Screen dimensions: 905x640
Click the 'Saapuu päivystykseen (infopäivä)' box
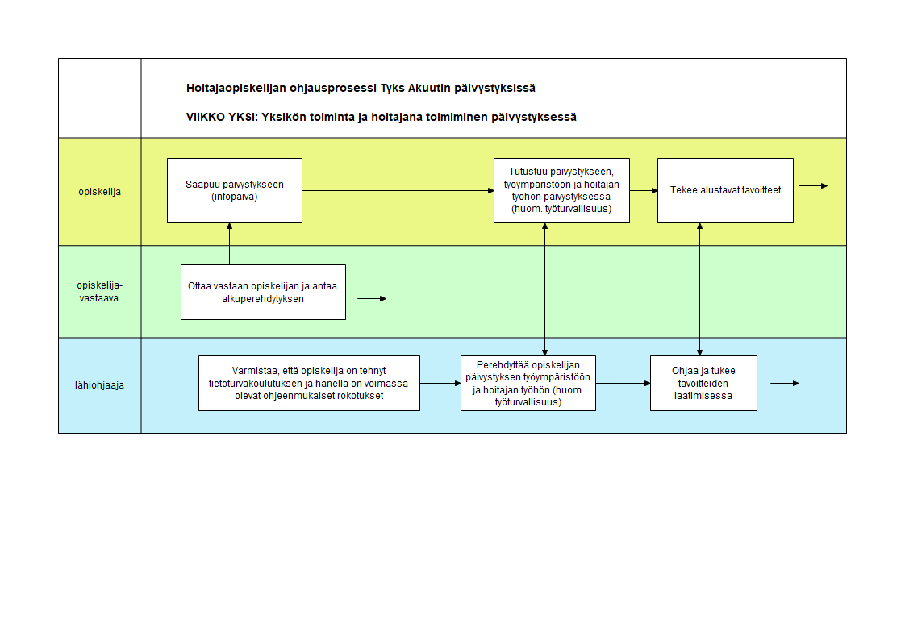coord(235,190)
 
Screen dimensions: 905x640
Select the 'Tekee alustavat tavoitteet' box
coord(725,190)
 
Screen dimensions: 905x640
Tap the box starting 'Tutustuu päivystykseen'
coord(561,190)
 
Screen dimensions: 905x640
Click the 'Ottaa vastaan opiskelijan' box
coord(263,293)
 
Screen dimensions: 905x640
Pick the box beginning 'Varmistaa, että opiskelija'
coord(309,384)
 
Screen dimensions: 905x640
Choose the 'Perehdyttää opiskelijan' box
coord(528,384)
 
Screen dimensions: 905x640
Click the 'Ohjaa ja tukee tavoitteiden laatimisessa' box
coord(703,384)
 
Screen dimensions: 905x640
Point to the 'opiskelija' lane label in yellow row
coord(100,192)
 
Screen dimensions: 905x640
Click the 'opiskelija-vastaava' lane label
coord(99,292)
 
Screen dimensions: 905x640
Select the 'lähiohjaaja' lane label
coord(99,385)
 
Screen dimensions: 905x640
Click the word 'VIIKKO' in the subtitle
coord(205,117)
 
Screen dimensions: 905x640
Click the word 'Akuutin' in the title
coord(429,88)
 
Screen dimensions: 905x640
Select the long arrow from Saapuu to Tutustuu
coord(398,190)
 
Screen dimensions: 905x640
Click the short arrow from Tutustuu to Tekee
coord(644,190)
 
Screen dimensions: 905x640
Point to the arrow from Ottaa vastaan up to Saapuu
coord(230,244)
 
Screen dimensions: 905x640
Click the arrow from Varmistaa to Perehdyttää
coord(440,384)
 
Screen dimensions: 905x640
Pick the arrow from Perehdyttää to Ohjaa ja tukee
coord(623,384)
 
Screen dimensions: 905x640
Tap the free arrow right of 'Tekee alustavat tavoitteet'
coord(813,185)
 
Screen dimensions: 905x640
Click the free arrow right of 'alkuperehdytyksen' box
coord(373,299)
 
